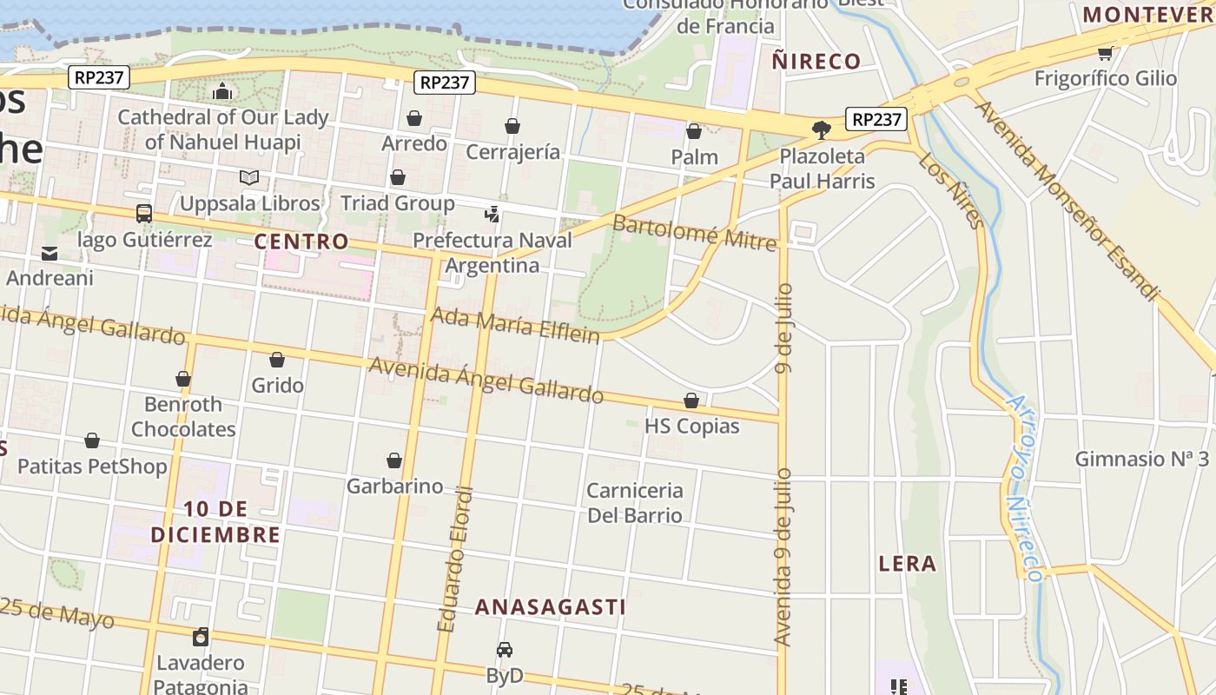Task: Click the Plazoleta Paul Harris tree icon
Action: pyautogui.click(x=821, y=130)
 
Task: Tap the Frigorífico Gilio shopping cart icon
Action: pyautogui.click(x=1105, y=54)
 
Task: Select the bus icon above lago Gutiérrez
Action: pyautogui.click(x=144, y=214)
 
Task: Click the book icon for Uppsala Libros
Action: pyautogui.click(x=249, y=178)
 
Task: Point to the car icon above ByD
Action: pyautogui.click(x=505, y=650)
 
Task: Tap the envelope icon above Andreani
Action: pyautogui.click(x=50, y=254)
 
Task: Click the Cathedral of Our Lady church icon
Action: pyautogui.click(x=222, y=91)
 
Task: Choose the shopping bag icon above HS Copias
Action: pyautogui.click(x=691, y=400)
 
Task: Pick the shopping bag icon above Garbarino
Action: pyautogui.click(x=394, y=460)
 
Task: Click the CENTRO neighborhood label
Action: pyautogui.click(x=301, y=242)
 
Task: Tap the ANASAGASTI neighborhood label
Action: pyautogui.click(x=550, y=606)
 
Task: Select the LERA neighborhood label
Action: pyautogui.click(x=908, y=564)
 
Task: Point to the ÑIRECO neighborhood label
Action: pyautogui.click(x=816, y=62)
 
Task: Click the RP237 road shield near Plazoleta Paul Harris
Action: pyautogui.click(x=876, y=119)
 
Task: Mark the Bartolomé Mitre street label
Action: pyautogui.click(x=694, y=232)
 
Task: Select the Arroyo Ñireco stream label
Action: pyautogui.click(x=1023, y=488)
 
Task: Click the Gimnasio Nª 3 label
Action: pyautogui.click(x=1141, y=459)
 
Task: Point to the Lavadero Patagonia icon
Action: pyautogui.click(x=201, y=637)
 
